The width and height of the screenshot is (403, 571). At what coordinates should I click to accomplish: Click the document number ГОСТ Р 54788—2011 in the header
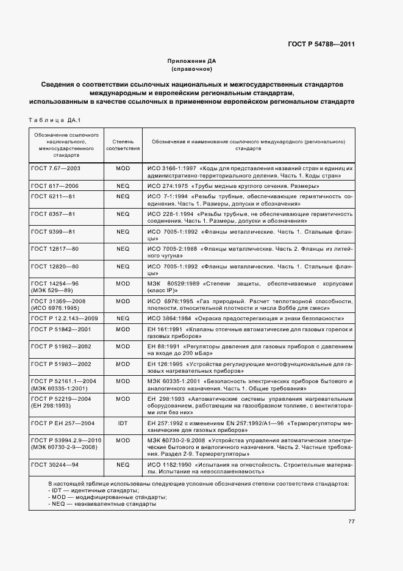pyautogui.click(x=321, y=44)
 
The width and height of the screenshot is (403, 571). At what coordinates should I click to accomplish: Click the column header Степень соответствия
pyautogui.click(x=123, y=144)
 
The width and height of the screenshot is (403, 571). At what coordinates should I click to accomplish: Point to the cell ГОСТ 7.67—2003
pyautogui.click(x=55, y=167)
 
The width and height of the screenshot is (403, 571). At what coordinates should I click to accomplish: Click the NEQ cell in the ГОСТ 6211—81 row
pyautogui.click(x=123, y=196)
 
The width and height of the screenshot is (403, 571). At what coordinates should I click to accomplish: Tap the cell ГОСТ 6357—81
pyautogui.click(x=52, y=214)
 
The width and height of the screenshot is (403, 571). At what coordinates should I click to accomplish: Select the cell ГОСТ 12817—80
pyautogui.click(x=54, y=249)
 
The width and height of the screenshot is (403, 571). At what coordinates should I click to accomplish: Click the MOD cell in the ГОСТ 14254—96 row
pyautogui.click(x=123, y=284)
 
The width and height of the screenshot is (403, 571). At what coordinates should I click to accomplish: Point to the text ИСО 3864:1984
pyautogui.click(x=168, y=318)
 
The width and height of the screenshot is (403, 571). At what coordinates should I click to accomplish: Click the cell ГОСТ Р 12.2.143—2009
pyautogui.click(x=64, y=318)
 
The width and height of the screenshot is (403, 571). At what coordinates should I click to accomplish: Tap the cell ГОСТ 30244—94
pyautogui.click(x=54, y=465)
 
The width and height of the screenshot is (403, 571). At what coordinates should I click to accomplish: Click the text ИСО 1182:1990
pyautogui.click(x=168, y=465)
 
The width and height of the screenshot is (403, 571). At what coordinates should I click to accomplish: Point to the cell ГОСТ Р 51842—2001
pyautogui.click(x=60, y=329)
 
